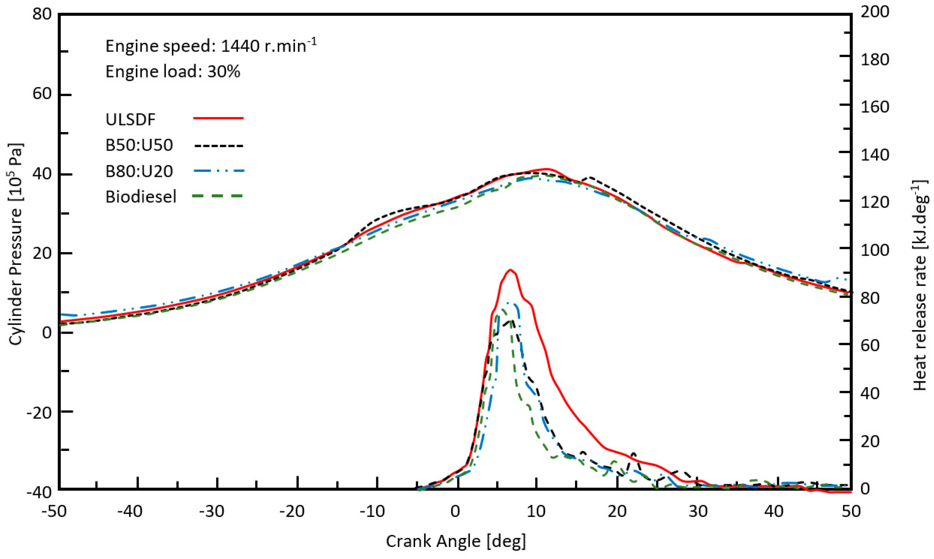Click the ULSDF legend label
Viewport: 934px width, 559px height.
(130, 120)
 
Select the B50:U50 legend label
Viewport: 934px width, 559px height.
(139, 145)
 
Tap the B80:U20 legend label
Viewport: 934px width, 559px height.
(139, 171)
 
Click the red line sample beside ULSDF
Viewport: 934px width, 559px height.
(218, 118)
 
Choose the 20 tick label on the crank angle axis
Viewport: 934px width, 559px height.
(617, 512)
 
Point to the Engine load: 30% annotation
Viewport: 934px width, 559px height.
(173, 72)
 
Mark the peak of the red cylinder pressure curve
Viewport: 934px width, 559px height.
(546, 169)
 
